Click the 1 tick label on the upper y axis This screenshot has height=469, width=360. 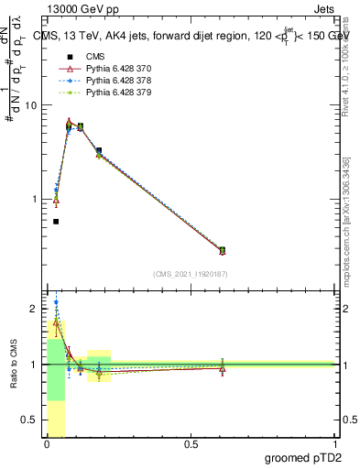click(x=35, y=199)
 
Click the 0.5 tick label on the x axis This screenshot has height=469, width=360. click(x=191, y=444)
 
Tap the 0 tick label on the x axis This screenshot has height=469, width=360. click(x=45, y=444)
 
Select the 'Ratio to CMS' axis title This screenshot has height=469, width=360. click(x=14, y=365)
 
